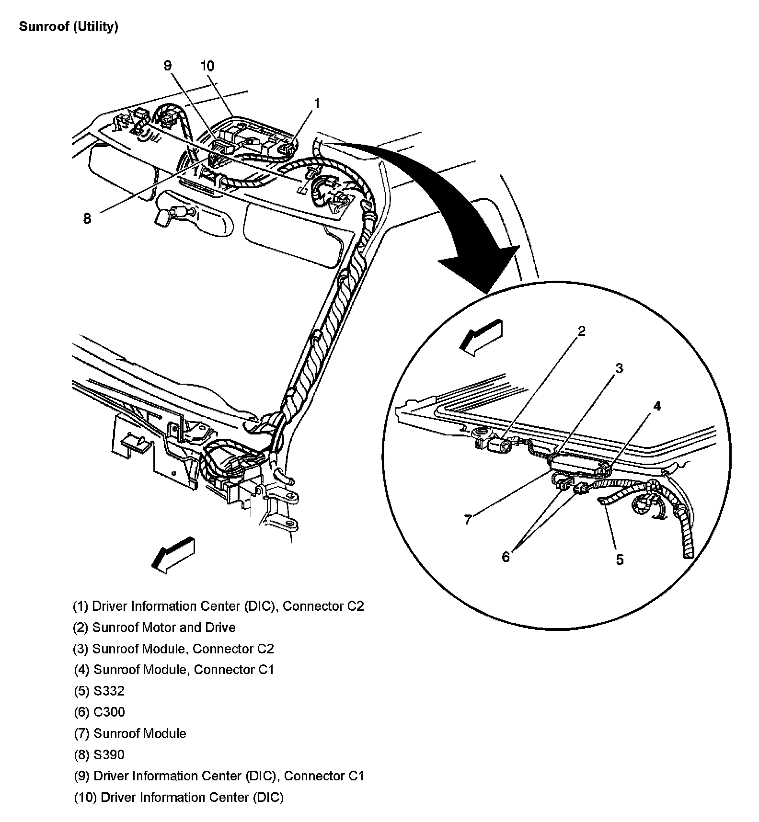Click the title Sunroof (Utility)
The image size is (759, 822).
pos(68,26)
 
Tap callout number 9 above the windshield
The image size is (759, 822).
pos(167,66)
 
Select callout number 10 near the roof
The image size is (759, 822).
pos(207,66)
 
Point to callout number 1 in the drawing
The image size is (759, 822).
pos(317,103)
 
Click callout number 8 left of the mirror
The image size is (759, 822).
pos(87,218)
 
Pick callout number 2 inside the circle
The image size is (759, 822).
pos(581,331)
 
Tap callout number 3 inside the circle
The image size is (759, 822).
pos(619,368)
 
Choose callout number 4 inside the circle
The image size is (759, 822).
pos(657,406)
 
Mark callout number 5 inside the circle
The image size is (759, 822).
pos(620,559)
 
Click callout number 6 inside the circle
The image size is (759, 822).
pos(506,557)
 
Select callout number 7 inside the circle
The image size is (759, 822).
pos(468,519)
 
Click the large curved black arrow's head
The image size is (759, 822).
pos(484,268)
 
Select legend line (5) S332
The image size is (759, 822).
pos(98,691)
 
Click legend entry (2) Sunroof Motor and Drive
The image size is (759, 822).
pos(154,627)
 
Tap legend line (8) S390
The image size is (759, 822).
pos(99,754)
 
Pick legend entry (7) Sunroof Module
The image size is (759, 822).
pos(129,733)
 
